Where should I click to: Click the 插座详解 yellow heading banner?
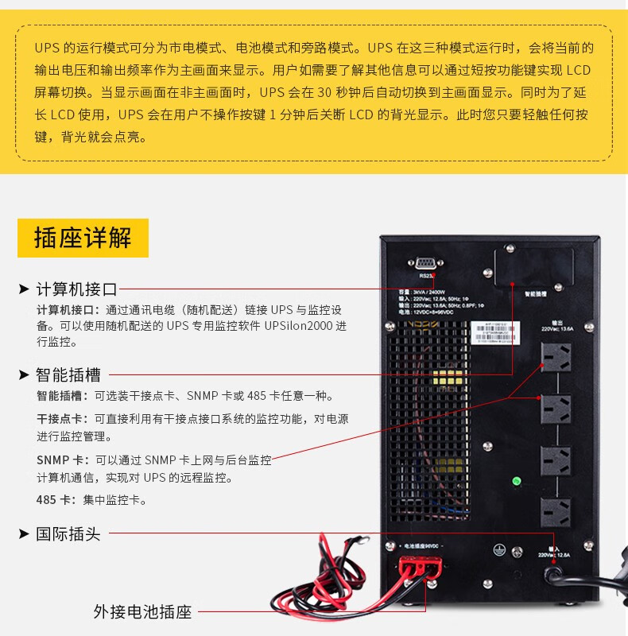tap(83, 238)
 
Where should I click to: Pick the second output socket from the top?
tap(556, 409)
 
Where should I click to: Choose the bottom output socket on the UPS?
tap(556, 513)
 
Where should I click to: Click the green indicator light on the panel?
tap(516, 481)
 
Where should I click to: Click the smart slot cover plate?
tap(533, 268)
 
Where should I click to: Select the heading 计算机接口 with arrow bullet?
tap(76, 289)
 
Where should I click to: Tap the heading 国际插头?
tap(68, 534)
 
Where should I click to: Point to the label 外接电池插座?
tap(142, 612)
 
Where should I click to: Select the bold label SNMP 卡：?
tap(63, 460)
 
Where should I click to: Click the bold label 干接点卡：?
tap(63, 419)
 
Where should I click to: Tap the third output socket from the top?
tap(556, 460)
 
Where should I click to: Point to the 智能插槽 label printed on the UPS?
tap(535, 293)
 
